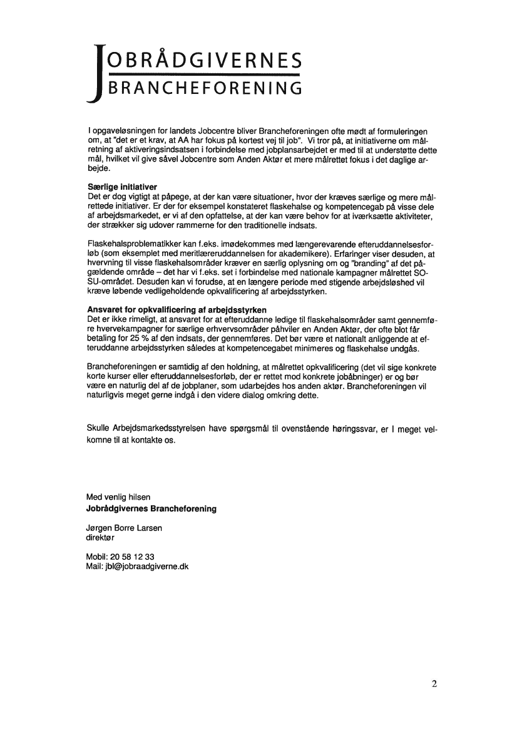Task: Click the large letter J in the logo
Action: coord(95,72)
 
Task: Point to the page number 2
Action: coord(434,683)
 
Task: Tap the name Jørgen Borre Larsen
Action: coord(124,528)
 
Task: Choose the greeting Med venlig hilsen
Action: coord(118,497)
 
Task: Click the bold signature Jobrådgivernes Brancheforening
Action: coord(151,508)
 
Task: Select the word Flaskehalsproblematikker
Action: coord(130,244)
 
